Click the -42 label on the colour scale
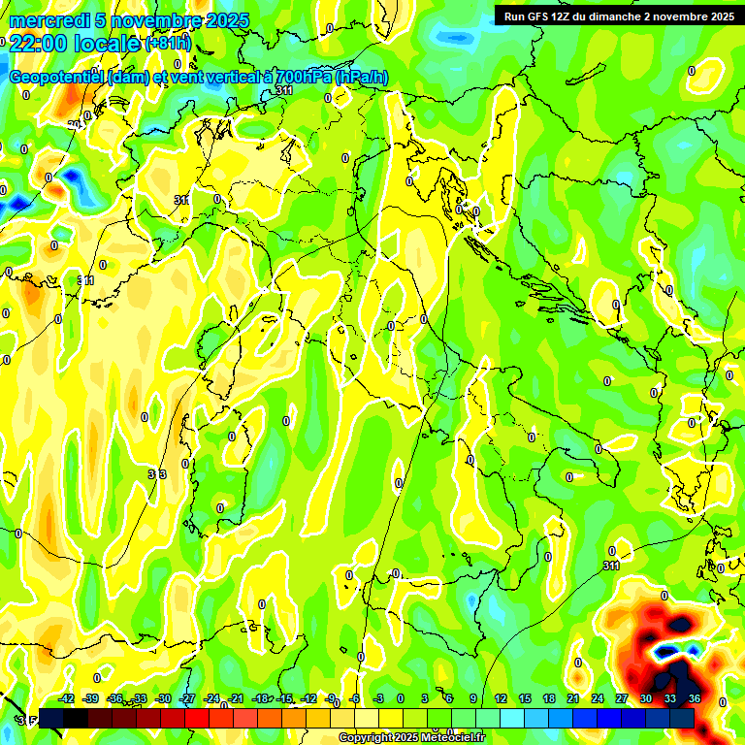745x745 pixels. [x=67, y=698]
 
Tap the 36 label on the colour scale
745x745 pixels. [x=694, y=698]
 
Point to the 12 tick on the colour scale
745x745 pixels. [x=501, y=698]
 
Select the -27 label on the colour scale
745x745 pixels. [x=188, y=698]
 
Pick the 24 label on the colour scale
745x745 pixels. [x=597, y=698]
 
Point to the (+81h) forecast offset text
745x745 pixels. [x=168, y=44]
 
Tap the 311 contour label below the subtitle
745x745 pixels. [x=283, y=90]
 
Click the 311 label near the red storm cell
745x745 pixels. [x=611, y=566]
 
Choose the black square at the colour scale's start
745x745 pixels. [x=51, y=719]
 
